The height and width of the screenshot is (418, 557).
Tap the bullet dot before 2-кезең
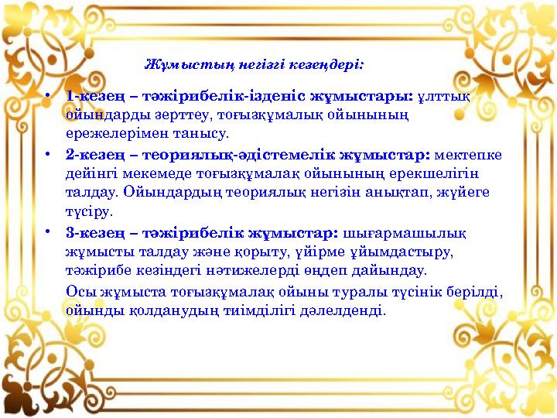point(48,154)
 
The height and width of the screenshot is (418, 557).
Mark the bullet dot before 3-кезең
point(48,233)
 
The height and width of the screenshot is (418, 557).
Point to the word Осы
point(81,292)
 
